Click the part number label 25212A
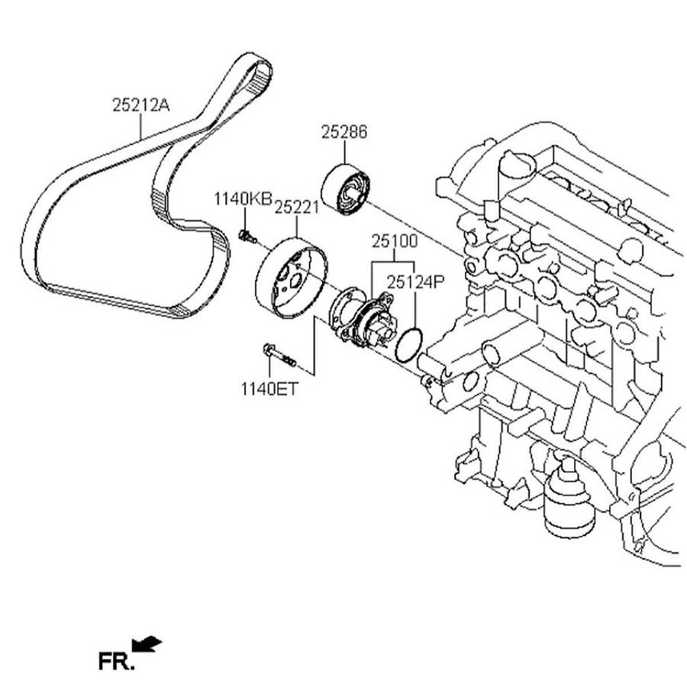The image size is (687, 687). click(140, 106)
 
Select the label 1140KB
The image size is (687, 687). click(242, 200)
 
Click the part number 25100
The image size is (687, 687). click(394, 242)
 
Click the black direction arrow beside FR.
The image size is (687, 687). click(147, 645)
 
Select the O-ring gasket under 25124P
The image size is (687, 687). click(409, 344)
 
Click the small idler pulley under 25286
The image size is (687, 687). click(347, 189)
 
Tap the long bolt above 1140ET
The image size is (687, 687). click(279, 354)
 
